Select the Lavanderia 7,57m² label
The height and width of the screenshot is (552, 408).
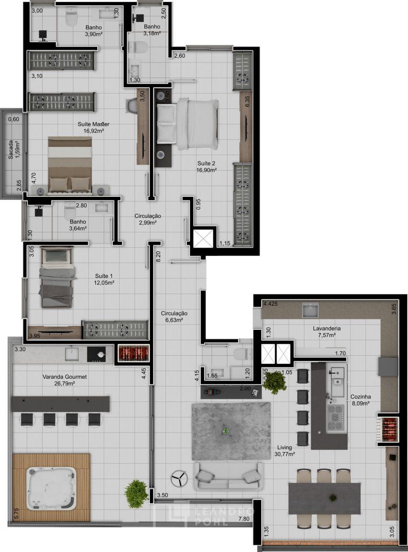click(327, 332)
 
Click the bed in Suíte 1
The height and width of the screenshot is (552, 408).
click(57, 277)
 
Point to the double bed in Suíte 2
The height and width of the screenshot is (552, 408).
click(187, 123)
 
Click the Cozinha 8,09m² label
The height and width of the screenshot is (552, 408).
click(361, 400)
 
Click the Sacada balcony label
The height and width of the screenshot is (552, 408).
click(13, 150)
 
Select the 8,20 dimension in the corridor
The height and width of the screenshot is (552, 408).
click(158, 256)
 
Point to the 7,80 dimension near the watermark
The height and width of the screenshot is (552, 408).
click(244, 518)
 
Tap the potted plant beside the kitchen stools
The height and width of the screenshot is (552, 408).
click(274, 382)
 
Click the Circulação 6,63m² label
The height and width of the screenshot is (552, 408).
click(174, 316)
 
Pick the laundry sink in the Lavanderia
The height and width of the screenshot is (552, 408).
click(310, 310)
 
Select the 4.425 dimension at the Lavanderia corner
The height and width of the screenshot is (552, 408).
click(271, 303)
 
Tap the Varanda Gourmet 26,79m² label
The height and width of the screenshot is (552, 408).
click(65, 380)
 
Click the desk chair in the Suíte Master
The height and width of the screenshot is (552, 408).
click(131, 106)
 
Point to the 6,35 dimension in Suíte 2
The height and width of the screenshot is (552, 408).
click(247, 102)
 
